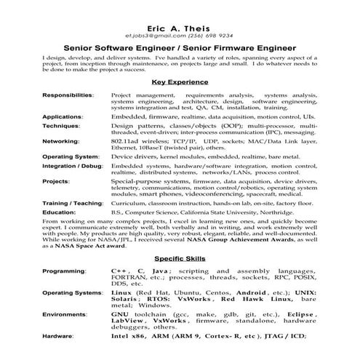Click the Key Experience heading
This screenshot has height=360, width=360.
[180, 83]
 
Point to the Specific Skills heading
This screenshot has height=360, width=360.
[180, 258]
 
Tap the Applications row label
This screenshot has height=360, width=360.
[63, 116]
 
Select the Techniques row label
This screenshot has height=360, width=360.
[61, 126]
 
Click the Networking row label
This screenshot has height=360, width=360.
[60, 141]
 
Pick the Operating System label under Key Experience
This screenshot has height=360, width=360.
[70, 156]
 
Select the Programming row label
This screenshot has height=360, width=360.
[64, 270]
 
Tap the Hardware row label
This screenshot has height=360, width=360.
[59, 337]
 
